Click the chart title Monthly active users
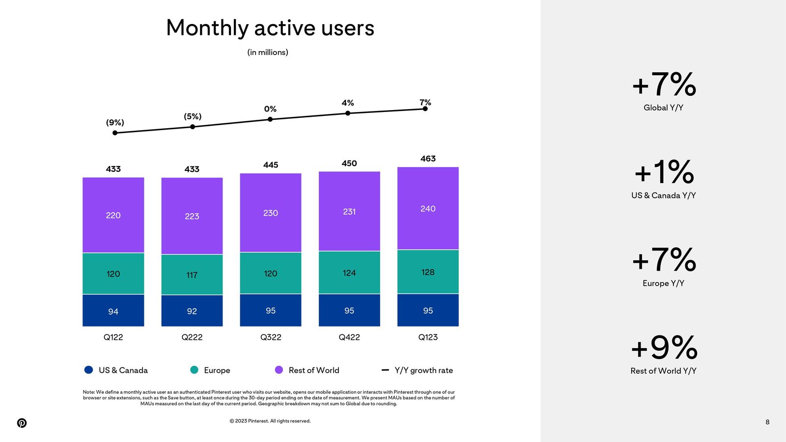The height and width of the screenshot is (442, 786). tap(270, 28)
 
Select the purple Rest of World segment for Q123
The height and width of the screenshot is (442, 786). tap(428, 208)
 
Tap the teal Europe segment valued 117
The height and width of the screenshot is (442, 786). tap(192, 275)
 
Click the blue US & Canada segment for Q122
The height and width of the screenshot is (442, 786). tap(113, 310)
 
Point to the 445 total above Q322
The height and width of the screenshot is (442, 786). tap(271, 165)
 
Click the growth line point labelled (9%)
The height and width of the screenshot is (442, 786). tap(115, 133)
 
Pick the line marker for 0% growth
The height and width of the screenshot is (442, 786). tap(270, 119)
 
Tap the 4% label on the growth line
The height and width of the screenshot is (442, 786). tap(348, 103)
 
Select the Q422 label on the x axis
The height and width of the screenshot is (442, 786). tap(349, 337)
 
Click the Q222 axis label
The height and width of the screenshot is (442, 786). tap(192, 337)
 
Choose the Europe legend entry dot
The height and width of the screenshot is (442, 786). tap(195, 370)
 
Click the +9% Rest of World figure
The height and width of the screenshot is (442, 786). tap(664, 348)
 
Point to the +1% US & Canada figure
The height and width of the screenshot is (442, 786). tap(664, 172)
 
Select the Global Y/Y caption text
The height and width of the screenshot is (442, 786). tap(663, 108)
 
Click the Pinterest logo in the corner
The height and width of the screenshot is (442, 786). tap(22, 423)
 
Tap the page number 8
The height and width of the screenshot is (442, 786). tap(767, 422)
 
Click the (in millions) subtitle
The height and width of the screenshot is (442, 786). tap(268, 53)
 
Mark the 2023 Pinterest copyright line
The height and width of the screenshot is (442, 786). tap(270, 421)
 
